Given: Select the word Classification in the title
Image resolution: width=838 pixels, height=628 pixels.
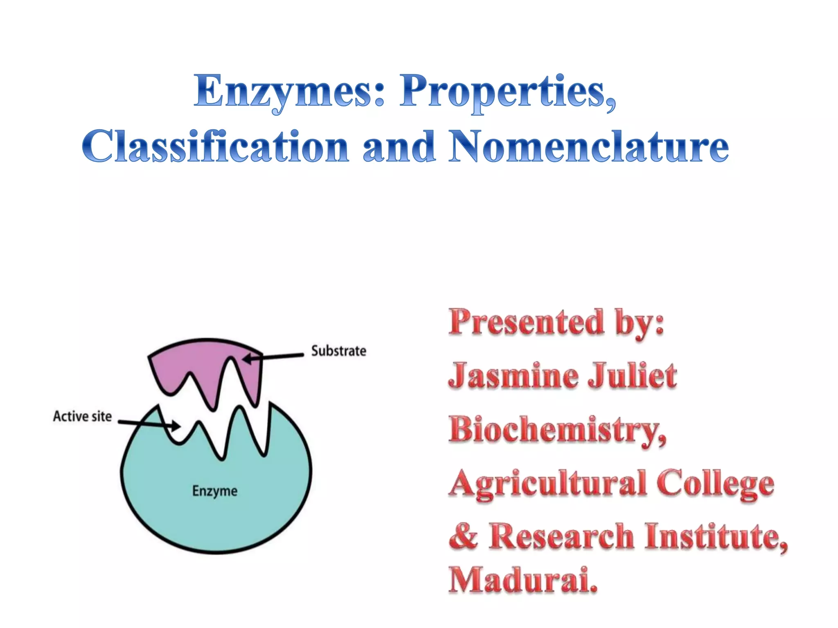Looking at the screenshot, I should pos(215,146).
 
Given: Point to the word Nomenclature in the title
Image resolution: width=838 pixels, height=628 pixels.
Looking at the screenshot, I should pos(588,146).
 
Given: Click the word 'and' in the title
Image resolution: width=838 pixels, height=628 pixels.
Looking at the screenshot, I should pos(399,146).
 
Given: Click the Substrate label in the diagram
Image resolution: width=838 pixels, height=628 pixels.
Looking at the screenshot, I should pos(338,351).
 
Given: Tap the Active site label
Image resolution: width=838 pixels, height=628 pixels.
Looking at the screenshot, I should pos(82,416).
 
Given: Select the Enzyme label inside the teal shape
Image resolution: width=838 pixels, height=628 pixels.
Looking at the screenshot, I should pos(215,491).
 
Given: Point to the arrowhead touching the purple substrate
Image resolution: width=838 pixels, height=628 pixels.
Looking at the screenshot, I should pos(247,359).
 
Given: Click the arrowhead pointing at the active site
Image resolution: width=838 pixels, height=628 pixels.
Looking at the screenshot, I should pos(176,426).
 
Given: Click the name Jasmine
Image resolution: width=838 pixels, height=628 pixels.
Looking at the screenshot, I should pos(513,376).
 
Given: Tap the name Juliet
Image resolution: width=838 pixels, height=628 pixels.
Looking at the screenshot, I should pos(632,376).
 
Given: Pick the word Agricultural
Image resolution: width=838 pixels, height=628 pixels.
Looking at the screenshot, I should pos(548,484).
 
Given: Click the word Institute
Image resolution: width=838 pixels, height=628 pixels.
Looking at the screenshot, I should pos(716,536).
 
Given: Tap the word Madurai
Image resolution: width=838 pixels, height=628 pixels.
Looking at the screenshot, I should pos(523,581).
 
